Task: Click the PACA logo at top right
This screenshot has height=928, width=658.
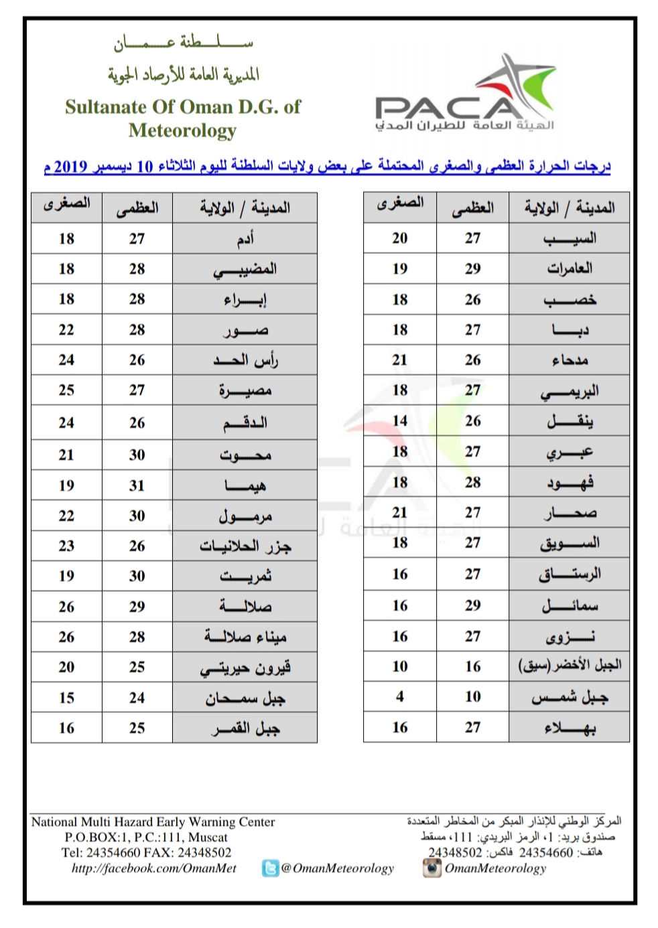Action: tap(465, 97)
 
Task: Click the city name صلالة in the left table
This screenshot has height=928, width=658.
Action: tap(245, 607)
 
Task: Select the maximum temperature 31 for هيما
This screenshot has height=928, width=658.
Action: tap(137, 485)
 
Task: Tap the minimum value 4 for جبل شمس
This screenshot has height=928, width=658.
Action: tap(399, 696)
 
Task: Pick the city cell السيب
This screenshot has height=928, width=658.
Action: tap(570, 238)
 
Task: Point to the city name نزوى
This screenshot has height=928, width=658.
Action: tap(570, 636)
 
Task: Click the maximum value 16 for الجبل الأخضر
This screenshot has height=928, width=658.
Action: tap(472, 666)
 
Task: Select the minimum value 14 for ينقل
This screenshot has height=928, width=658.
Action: tap(399, 420)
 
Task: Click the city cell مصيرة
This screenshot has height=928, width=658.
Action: tap(245, 390)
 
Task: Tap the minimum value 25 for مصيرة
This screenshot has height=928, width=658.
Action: tap(66, 390)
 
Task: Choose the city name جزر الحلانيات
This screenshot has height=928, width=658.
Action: tap(245, 546)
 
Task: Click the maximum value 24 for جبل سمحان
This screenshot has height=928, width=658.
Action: tap(137, 698)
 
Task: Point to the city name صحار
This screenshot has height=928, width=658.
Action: tap(570, 513)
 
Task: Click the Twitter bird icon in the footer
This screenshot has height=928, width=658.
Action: tap(271, 869)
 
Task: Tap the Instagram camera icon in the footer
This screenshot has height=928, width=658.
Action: tap(432, 868)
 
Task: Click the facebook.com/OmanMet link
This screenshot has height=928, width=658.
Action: tap(153, 868)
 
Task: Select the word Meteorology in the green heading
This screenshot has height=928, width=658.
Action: tap(182, 130)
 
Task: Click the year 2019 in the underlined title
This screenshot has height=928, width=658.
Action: tap(70, 166)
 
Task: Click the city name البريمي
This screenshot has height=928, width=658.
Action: tap(570, 391)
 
